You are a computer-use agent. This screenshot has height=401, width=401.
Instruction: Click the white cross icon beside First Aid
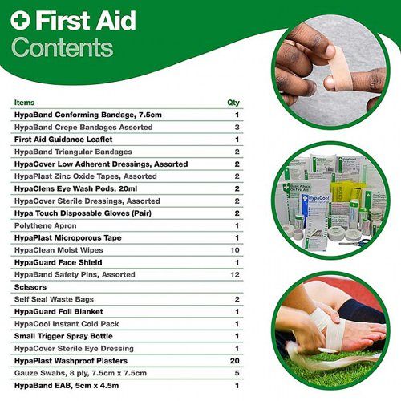[x=20, y=20]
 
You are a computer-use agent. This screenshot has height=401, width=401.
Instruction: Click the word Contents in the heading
[x=63, y=47]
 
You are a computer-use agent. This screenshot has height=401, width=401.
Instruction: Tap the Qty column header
[x=233, y=103]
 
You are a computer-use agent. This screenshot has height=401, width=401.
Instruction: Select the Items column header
[x=24, y=103]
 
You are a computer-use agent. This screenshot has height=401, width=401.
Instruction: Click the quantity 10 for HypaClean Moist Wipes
[x=235, y=250]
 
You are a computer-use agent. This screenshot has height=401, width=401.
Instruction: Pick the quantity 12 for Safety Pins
[x=235, y=275]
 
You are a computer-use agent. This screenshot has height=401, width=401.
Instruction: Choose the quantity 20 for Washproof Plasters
[x=234, y=361]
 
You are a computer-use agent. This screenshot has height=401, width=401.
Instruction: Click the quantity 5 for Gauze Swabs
[x=237, y=373]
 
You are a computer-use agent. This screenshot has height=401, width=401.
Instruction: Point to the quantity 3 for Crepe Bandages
[x=237, y=128]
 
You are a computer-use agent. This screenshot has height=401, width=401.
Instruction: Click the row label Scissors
[x=30, y=287]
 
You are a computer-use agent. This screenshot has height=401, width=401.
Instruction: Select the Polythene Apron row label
[x=46, y=225]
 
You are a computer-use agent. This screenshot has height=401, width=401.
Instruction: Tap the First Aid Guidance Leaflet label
[x=63, y=140]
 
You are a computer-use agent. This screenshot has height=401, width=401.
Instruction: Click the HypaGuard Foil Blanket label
[x=59, y=312]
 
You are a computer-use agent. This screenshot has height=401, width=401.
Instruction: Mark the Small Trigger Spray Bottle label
[x=63, y=336]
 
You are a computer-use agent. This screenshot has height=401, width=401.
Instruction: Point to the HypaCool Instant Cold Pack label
[x=67, y=324]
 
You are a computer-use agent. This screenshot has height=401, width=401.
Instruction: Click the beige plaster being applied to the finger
[x=338, y=68]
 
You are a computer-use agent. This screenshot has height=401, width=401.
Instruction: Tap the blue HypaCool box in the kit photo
[x=315, y=211]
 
